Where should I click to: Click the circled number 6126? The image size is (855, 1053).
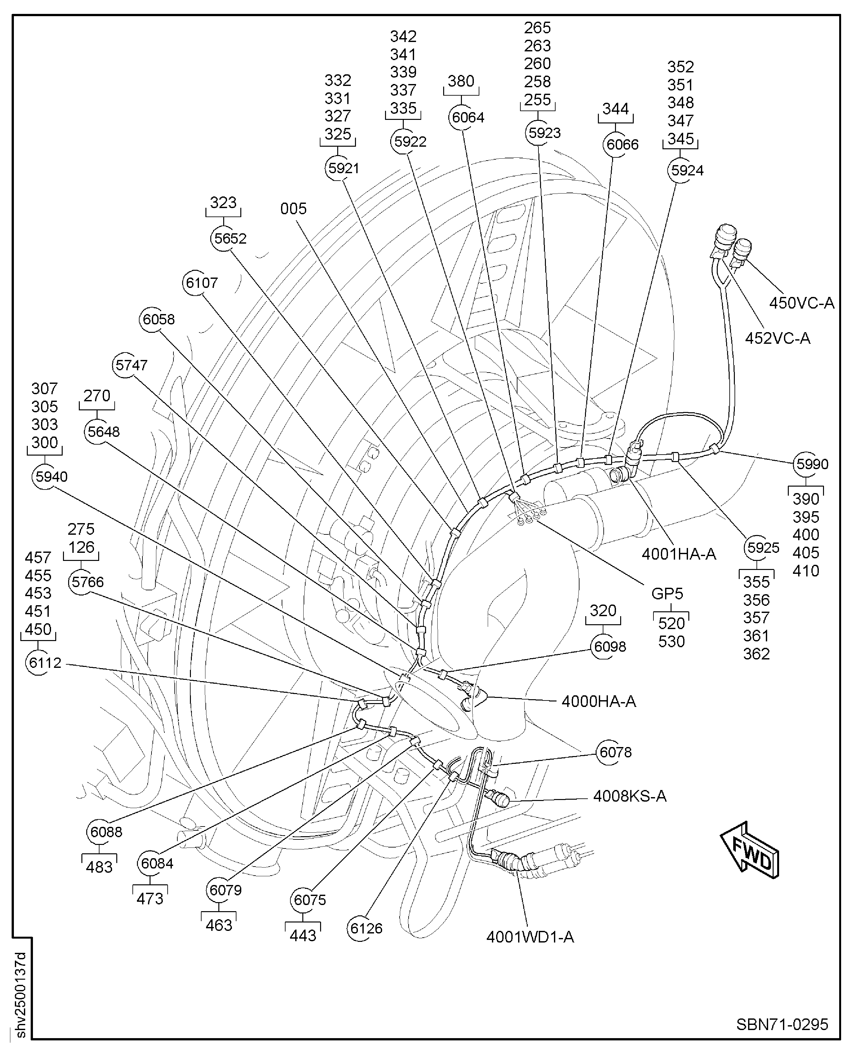point(365,928)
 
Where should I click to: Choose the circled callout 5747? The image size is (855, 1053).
point(130,365)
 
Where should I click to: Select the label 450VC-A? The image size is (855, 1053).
point(801,303)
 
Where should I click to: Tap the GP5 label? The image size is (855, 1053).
point(667,594)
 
